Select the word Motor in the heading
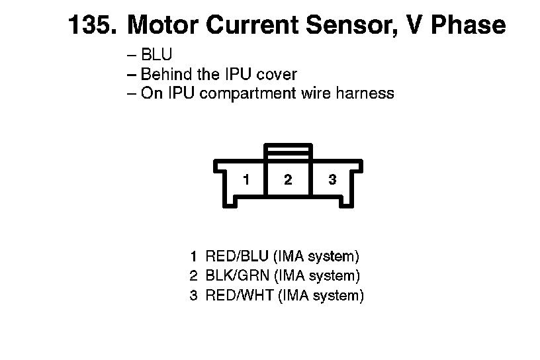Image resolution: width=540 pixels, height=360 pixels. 161,26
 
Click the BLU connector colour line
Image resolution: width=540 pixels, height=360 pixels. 156,56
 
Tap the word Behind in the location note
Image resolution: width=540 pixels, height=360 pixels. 165,74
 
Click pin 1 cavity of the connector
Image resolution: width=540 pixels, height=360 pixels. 246,179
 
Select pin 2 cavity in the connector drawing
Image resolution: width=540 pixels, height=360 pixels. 288,179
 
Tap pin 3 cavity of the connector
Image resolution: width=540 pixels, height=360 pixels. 332,179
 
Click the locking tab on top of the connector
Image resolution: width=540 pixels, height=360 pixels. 287,150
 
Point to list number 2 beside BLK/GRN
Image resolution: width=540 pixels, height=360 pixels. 193,275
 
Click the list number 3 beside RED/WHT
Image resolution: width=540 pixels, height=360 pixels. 193,295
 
